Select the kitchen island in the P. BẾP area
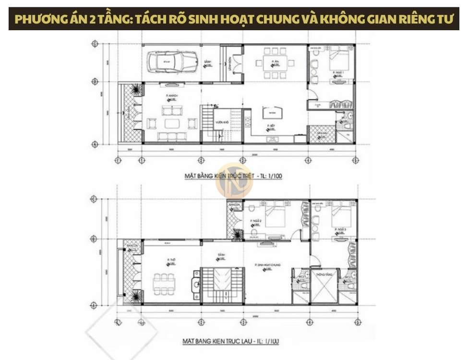point(272,114)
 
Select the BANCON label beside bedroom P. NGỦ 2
point(234,205)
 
